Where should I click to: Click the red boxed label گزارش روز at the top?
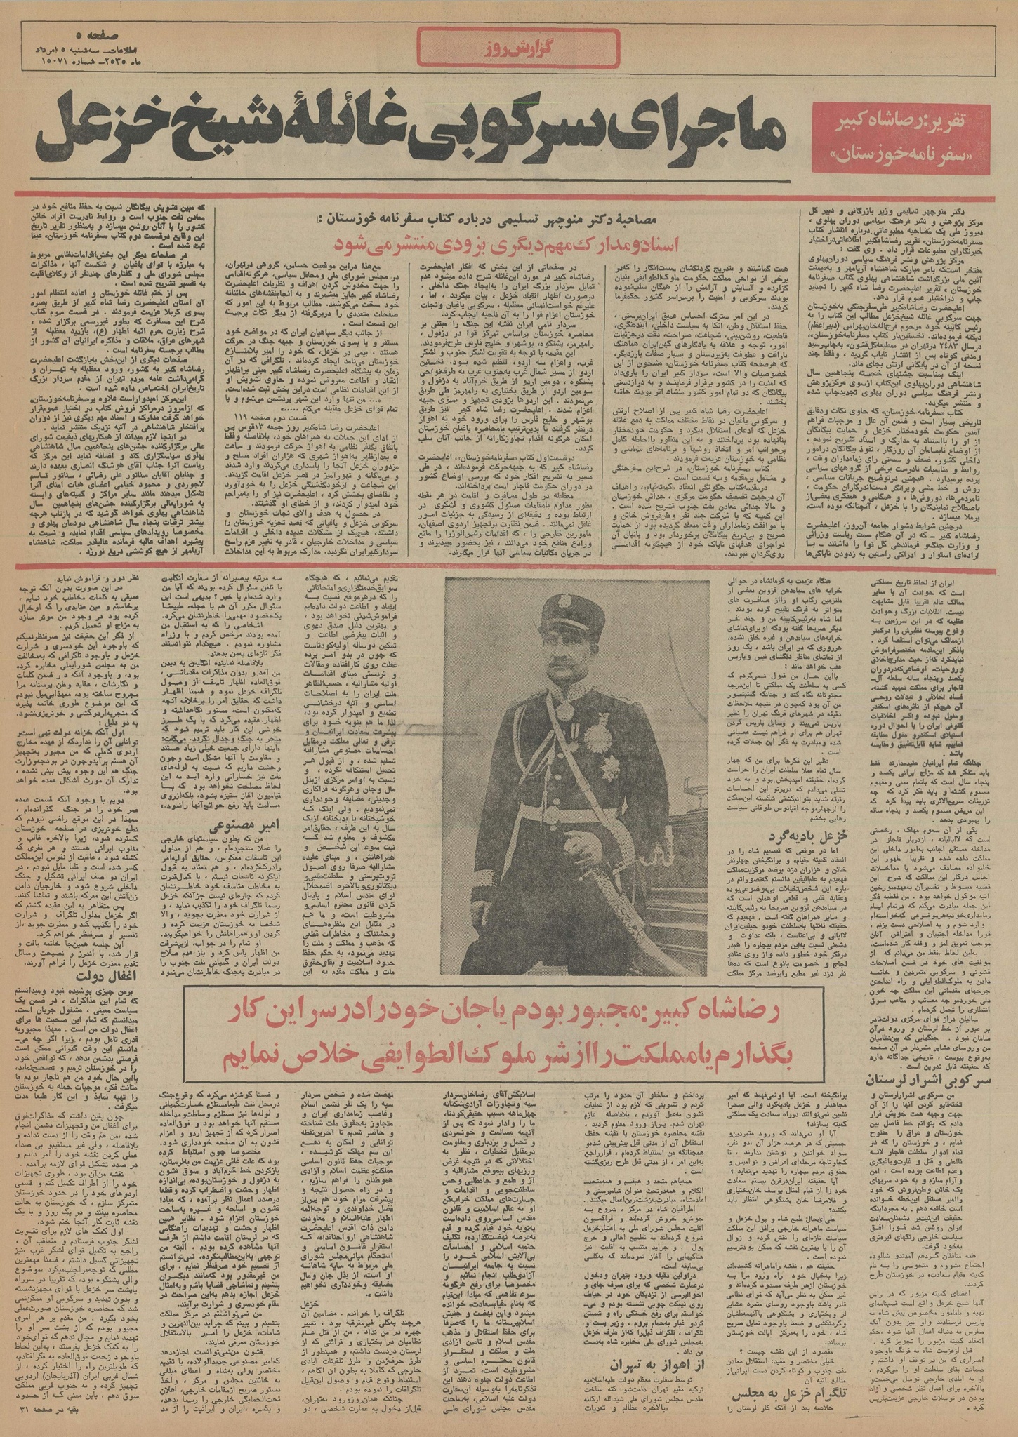[x=508, y=51]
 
